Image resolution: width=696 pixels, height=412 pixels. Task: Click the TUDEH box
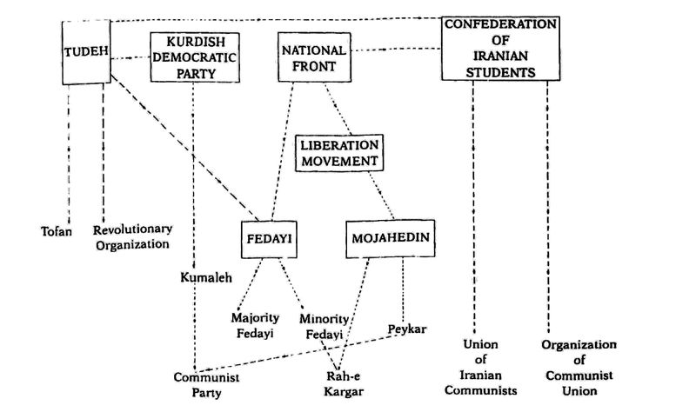88,52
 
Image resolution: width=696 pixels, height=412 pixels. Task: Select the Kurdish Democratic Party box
194,57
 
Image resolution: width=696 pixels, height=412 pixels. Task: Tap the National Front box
314,57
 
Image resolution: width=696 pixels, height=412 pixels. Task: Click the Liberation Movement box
339,151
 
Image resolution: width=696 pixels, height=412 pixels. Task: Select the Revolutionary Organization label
132,236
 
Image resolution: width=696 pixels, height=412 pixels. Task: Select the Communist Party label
207,385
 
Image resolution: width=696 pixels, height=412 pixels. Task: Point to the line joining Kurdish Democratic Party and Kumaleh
192,174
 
